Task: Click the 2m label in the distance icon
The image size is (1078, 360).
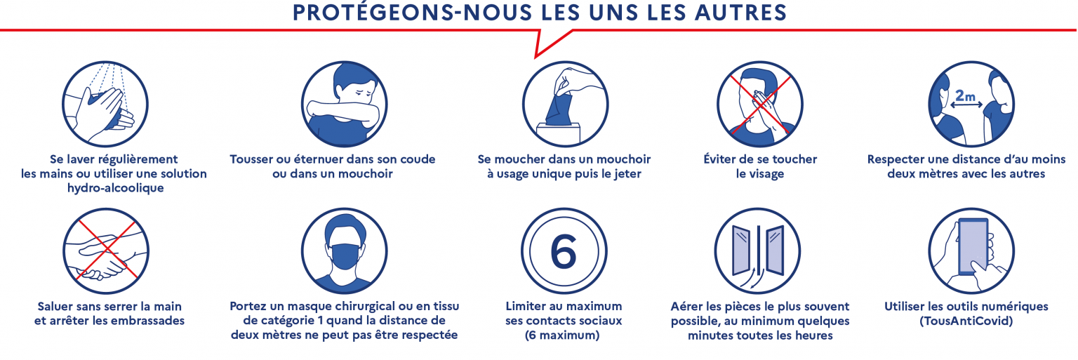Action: tap(966, 95)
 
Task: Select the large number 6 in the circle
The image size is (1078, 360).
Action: tap(563, 251)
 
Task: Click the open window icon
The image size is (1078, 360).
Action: tap(757, 251)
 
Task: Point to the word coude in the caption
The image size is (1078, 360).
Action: tap(414, 159)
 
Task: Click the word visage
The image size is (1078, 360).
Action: tap(760, 173)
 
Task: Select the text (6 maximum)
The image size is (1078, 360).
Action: tap(564, 335)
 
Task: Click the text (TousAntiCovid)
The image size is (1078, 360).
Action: tap(967, 321)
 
